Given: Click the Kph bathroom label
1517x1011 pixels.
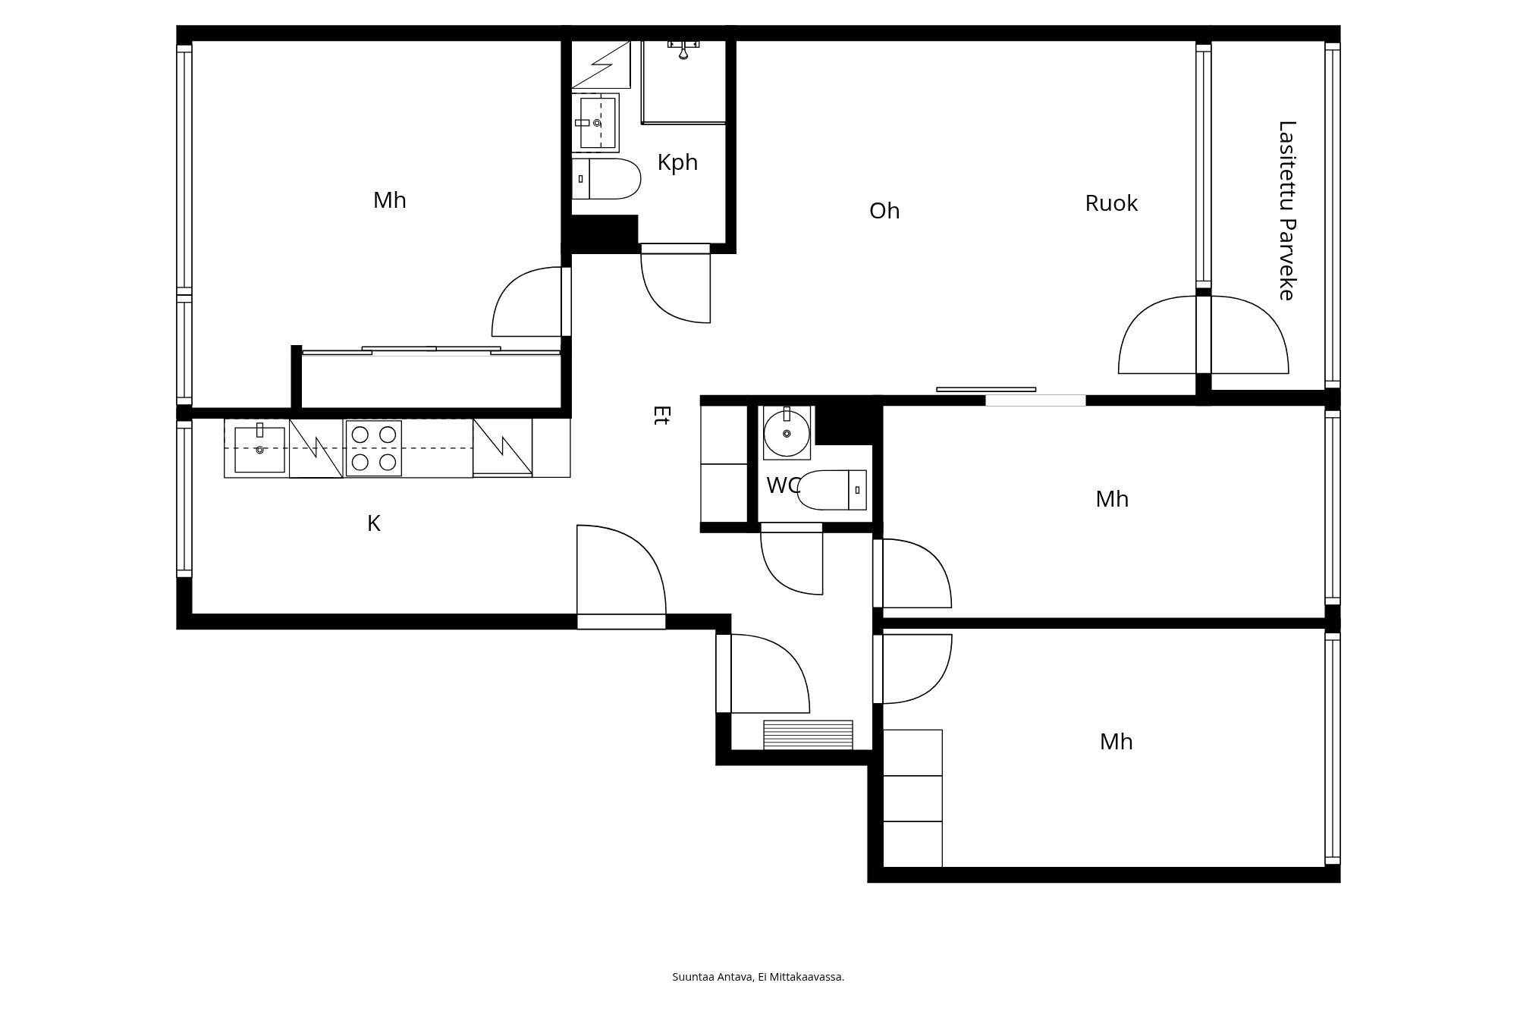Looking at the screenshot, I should pyautogui.click(x=677, y=162).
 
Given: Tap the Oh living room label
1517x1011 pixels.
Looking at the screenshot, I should pyautogui.click(x=884, y=211).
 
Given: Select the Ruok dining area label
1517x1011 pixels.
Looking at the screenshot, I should pyautogui.click(x=1111, y=203).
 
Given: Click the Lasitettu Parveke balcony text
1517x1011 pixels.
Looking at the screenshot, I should pyautogui.click(x=1287, y=210).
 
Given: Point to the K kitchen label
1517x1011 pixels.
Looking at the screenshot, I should pyautogui.click(x=373, y=523).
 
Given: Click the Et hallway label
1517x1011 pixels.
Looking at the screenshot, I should pyautogui.click(x=661, y=415).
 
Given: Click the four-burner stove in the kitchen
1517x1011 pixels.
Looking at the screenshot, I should pyautogui.click(x=373, y=448).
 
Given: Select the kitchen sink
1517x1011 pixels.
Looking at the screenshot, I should pyautogui.click(x=259, y=448).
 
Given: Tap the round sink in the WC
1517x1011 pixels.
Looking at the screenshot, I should pyautogui.click(x=787, y=433).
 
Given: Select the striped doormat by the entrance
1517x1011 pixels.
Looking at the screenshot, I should pyautogui.click(x=808, y=734).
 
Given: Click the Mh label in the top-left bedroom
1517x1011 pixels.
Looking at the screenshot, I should pyautogui.click(x=390, y=200).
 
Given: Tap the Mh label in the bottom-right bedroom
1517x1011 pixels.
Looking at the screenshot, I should pyautogui.click(x=1116, y=742).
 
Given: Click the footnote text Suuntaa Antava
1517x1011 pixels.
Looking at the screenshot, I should pyautogui.click(x=758, y=977).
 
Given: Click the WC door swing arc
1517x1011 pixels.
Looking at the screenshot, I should pyautogui.click(x=792, y=564).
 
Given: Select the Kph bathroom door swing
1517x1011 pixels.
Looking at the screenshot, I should pyautogui.click(x=675, y=284).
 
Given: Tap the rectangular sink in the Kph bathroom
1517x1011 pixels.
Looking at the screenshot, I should pyautogui.click(x=596, y=123).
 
